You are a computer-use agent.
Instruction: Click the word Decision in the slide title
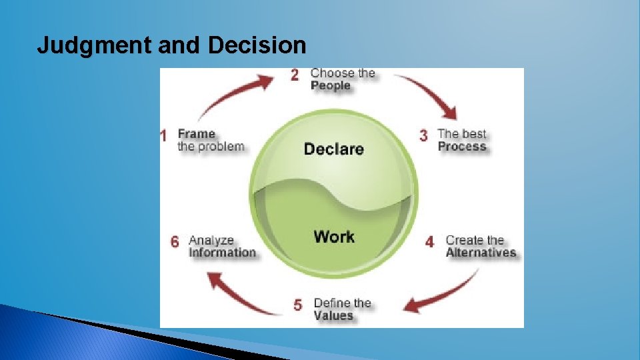(x=257, y=45)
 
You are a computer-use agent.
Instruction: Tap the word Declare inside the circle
(x=333, y=148)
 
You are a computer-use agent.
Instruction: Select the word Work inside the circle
(x=334, y=236)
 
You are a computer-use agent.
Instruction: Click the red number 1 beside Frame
(x=163, y=136)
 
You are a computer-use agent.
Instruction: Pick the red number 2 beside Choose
(x=295, y=75)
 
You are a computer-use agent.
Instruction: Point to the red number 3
(x=423, y=135)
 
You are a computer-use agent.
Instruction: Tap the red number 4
(x=429, y=242)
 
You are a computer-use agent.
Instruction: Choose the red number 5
(x=297, y=305)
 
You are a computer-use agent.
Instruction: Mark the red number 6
(x=175, y=241)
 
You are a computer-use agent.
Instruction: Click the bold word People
(x=331, y=86)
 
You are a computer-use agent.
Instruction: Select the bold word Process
(x=462, y=147)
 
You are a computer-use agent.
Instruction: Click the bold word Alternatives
(x=481, y=253)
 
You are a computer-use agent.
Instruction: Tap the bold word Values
(x=333, y=315)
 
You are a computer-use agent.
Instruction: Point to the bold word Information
(x=222, y=253)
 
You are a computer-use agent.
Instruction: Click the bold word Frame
(x=196, y=133)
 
